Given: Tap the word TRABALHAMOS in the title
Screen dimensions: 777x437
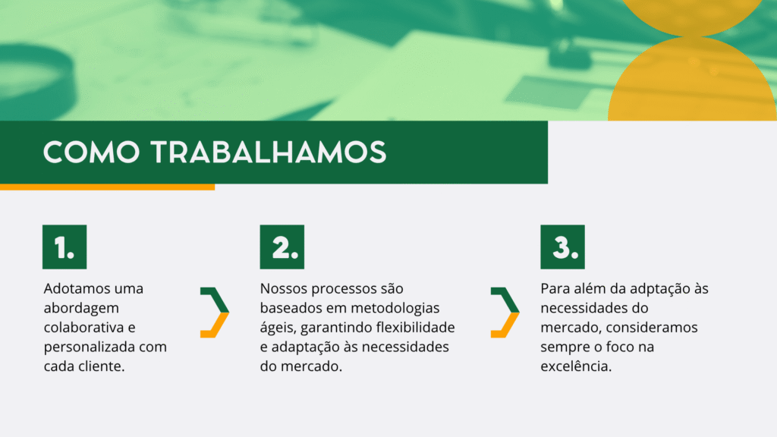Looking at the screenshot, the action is click(x=269, y=152).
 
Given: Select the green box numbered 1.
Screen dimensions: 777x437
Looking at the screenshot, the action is click(x=64, y=247).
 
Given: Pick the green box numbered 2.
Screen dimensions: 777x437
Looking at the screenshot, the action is click(x=282, y=247).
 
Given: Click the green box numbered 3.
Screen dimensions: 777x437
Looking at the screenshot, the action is click(x=562, y=247).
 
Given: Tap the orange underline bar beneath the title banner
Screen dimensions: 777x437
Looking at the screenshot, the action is click(x=107, y=187).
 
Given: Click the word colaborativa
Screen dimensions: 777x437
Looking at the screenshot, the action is click(x=83, y=328).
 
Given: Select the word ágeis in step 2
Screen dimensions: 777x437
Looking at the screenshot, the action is click(x=278, y=329).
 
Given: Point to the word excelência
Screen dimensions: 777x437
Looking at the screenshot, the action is click(x=576, y=366).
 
